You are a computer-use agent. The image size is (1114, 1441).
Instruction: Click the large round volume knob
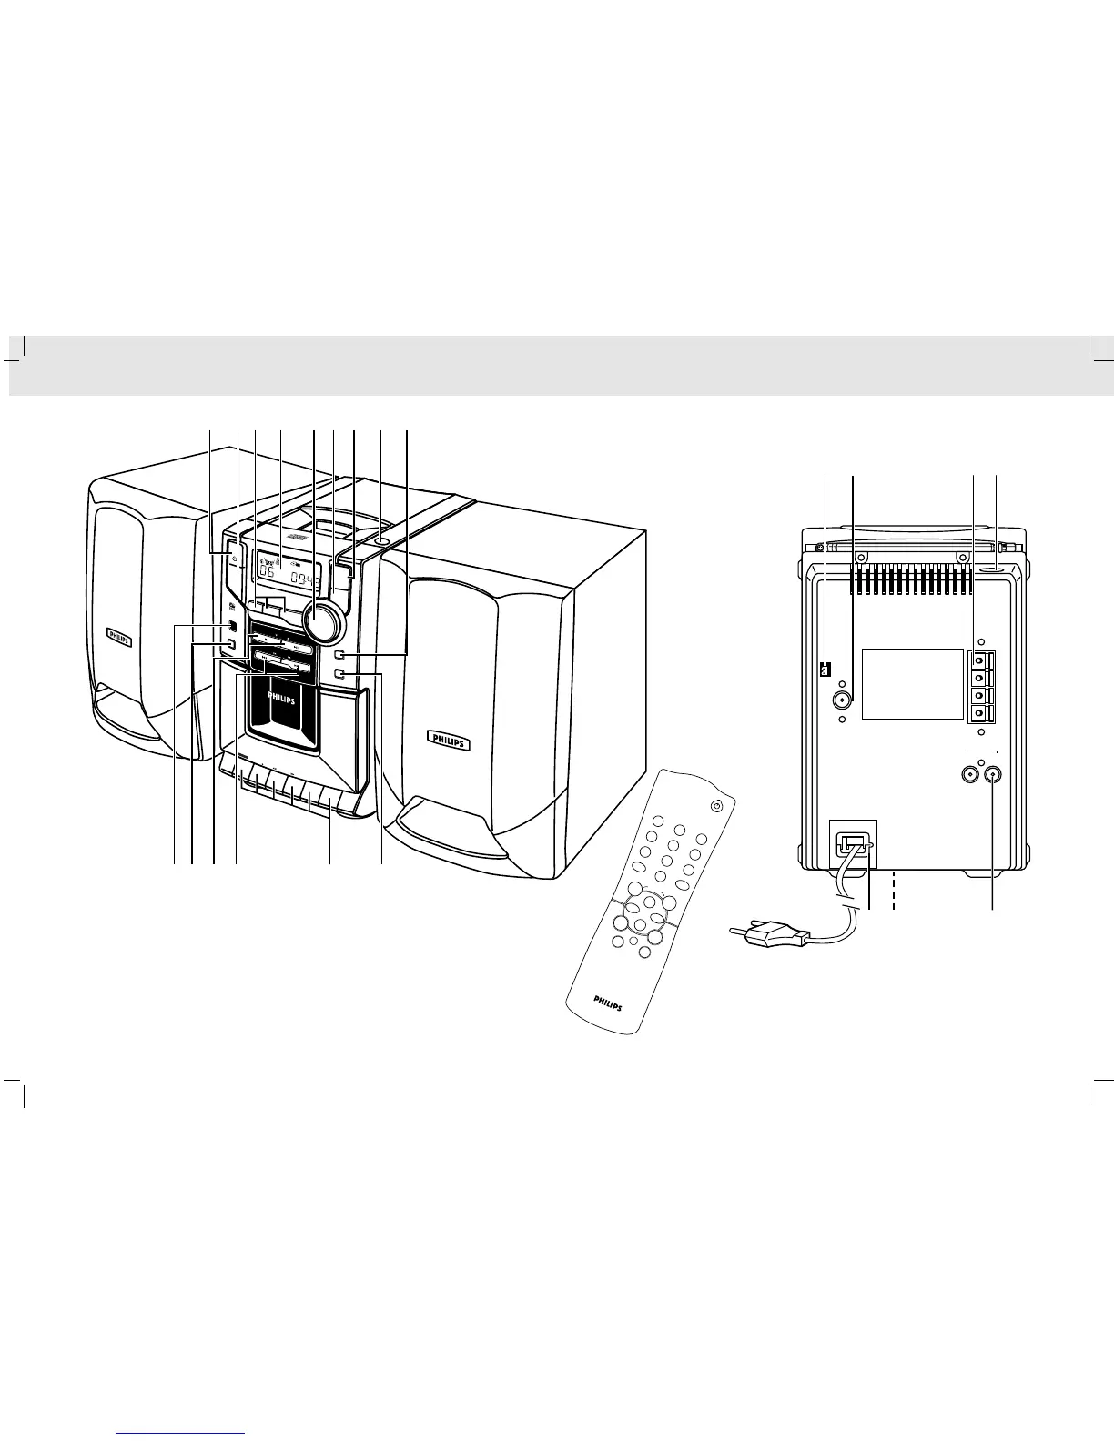coord(324,621)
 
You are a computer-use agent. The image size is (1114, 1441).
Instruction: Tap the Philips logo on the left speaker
coord(119,637)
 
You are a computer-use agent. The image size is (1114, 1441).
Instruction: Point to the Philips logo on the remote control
coord(610,1003)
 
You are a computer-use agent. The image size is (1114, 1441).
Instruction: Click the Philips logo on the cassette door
coord(281,693)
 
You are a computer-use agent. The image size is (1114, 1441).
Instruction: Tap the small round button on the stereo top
coord(380,543)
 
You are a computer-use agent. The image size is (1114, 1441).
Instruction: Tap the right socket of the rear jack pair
coord(992,774)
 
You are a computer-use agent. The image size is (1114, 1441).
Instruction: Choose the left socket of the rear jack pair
coord(968,774)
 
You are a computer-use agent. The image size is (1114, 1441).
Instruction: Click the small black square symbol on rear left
coord(825,670)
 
